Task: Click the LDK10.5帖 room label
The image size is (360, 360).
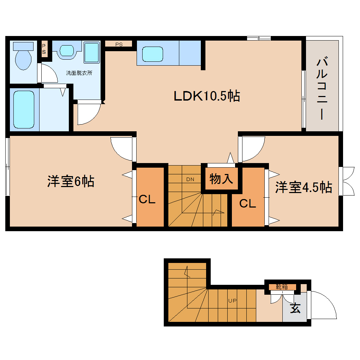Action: (x=207, y=96)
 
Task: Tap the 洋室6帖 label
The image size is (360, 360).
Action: (x=71, y=181)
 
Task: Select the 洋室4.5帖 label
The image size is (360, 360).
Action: (x=304, y=187)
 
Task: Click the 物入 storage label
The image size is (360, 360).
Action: (x=221, y=179)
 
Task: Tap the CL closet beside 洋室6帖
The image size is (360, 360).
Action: (x=147, y=199)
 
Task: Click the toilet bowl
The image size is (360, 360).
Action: (x=23, y=58)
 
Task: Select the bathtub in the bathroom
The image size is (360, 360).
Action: (x=24, y=109)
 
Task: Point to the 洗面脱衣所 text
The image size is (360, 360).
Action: (x=79, y=73)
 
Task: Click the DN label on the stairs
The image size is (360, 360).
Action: (x=190, y=179)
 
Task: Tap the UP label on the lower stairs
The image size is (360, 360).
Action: (x=232, y=301)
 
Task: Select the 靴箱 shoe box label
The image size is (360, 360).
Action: (x=282, y=287)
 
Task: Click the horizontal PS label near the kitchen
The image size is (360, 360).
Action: (x=119, y=44)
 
